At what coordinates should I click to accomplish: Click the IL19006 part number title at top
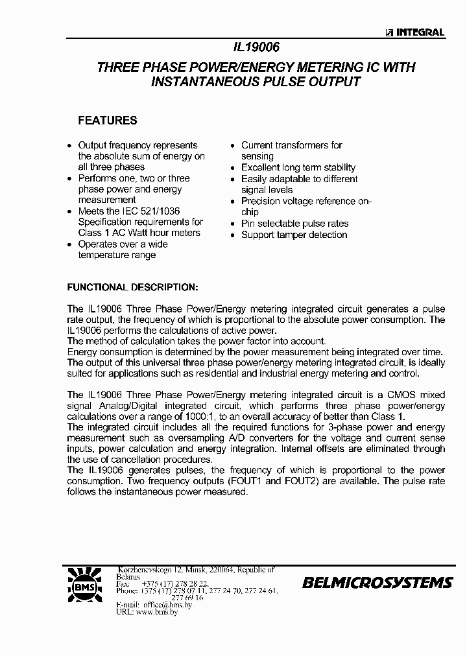point(256,47)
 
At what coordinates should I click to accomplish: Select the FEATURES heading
point(107,121)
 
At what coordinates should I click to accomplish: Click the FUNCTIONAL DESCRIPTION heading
point(132,287)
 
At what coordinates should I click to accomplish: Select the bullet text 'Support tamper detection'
point(294,235)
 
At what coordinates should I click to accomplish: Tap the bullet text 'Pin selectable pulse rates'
point(294,224)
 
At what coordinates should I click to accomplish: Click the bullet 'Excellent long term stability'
point(298,168)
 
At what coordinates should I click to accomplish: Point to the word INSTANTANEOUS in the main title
point(215,82)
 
